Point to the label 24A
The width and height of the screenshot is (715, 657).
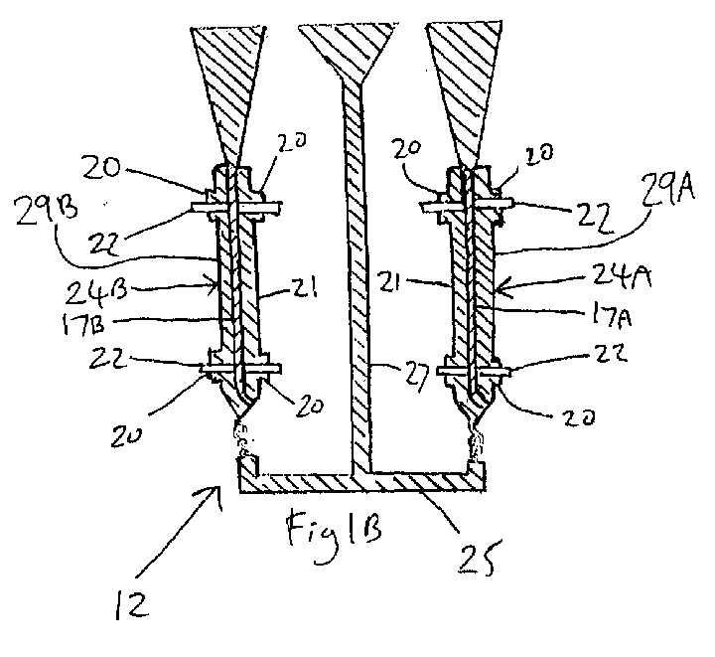(623, 276)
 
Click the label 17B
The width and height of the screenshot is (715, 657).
(81, 324)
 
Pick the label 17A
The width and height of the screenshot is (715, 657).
(612, 315)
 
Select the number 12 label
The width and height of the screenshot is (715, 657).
(132, 604)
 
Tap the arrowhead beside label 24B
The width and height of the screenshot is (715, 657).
(214, 286)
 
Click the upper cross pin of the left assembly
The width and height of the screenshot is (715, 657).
(235, 207)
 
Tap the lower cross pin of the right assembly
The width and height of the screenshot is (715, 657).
(474, 372)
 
